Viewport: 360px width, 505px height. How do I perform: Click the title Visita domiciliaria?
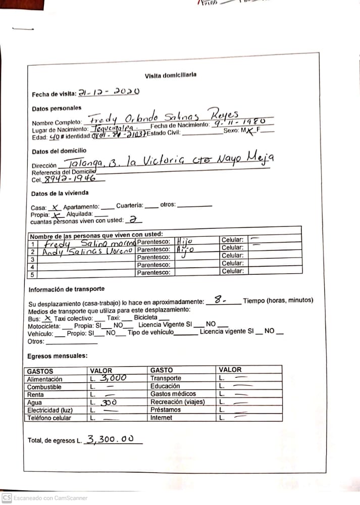coord(170,75)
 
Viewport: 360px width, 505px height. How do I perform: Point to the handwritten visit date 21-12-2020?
coord(108,92)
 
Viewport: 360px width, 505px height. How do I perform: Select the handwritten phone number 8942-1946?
coord(71,178)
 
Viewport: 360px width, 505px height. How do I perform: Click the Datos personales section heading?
coord(56,109)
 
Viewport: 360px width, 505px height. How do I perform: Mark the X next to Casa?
coord(56,207)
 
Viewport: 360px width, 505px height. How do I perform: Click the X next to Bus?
coord(47,319)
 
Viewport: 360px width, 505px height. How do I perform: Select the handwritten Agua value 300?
coord(108,403)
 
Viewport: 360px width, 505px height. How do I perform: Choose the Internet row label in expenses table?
coord(161,418)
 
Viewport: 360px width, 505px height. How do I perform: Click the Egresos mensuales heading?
coord(57,356)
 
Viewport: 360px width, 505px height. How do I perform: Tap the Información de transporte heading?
coord(66,289)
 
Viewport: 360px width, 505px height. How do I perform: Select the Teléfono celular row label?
coord(49,418)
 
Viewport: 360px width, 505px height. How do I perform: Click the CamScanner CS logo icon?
coord(7,497)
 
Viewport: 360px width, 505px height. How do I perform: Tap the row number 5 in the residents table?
coord(32,275)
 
